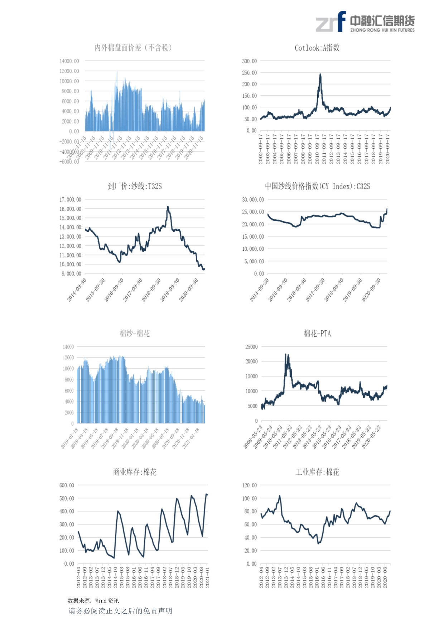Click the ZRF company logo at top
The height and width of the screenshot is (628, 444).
pyautogui.click(x=365, y=22)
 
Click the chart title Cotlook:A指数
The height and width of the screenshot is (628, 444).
pyautogui.click(x=317, y=48)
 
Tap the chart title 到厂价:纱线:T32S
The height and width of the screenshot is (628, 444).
pyautogui.click(x=135, y=186)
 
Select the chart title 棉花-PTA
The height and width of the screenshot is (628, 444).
pyautogui.click(x=317, y=334)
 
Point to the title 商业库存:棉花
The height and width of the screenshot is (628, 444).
pyautogui.click(x=135, y=472)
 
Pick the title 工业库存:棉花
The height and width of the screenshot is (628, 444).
pyautogui.click(x=317, y=472)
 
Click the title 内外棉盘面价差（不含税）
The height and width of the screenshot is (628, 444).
pyautogui.click(x=133, y=48)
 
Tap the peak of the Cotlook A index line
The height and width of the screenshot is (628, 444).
pyautogui.click(x=320, y=75)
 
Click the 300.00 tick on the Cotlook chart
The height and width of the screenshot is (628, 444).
pyautogui.click(x=249, y=61)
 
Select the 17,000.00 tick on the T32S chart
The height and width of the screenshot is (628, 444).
pyautogui.click(x=70, y=200)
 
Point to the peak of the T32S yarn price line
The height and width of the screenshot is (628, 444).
pyautogui.click(x=168, y=207)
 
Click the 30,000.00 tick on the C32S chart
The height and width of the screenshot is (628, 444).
pyautogui.click(x=253, y=200)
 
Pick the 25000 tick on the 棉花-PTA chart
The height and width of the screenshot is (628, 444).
pyautogui.click(x=251, y=347)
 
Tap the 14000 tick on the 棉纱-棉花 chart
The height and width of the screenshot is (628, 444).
pyautogui.click(x=68, y=347)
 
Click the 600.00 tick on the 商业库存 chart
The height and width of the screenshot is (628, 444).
pyautogui.click(x=67, y=485)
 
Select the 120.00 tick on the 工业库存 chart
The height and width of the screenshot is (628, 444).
pyautogui.click(x=249, y=485)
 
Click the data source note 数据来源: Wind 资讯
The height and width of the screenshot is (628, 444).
pyautogui.click(x=93, y=601)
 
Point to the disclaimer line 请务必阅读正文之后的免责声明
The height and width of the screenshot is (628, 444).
pyautogui.click(x=120, y=611)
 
